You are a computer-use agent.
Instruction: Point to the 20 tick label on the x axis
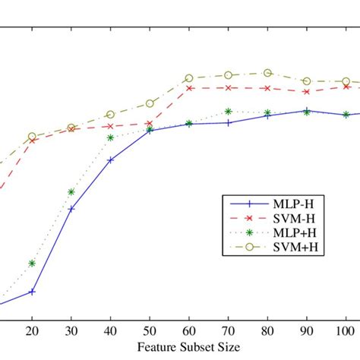pos(32,333)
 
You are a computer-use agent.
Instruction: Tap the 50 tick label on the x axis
pos(150,333)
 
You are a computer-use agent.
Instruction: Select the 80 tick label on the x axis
pos(267,333)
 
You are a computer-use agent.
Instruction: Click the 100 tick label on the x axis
pos(346,333)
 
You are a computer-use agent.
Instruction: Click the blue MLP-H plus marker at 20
pos(32,292)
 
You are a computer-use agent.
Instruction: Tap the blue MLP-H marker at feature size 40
pos(111,160)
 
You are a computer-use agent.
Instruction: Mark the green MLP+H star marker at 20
pos(32,264)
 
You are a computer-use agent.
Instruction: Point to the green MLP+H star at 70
pos(228,112)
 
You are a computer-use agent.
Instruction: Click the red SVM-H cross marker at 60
pos(189,88)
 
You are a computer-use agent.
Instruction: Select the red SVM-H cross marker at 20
pos(32,141)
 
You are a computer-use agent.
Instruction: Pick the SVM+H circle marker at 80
pos(267,73)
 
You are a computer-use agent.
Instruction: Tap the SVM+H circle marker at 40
pos(111,114)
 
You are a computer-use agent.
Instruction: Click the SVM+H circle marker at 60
pos(189,78)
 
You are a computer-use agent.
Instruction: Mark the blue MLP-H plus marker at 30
pos(71,209)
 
